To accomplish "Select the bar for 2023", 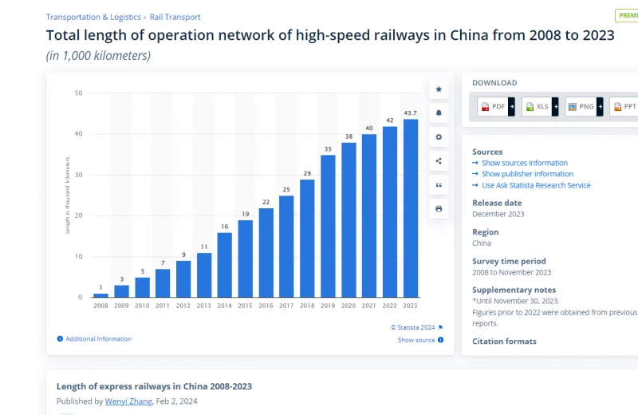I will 411,207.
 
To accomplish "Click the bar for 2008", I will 100,294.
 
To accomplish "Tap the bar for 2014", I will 225,264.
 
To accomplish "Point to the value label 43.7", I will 411,113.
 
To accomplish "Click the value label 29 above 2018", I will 307,173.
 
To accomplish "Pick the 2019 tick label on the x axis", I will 328,306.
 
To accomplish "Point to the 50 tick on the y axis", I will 78,93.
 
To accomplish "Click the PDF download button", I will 494,106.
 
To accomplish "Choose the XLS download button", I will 538,106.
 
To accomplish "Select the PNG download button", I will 581,106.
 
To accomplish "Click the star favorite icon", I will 439,89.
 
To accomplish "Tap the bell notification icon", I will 439,113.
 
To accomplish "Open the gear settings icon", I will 439,137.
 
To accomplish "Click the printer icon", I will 439,209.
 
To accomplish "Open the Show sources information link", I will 524,163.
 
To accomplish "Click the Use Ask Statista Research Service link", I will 536,185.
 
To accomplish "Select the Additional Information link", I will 98,339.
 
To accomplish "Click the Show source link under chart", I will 416,340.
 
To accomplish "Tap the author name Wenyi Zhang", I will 128,401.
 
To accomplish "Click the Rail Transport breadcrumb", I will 175,17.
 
